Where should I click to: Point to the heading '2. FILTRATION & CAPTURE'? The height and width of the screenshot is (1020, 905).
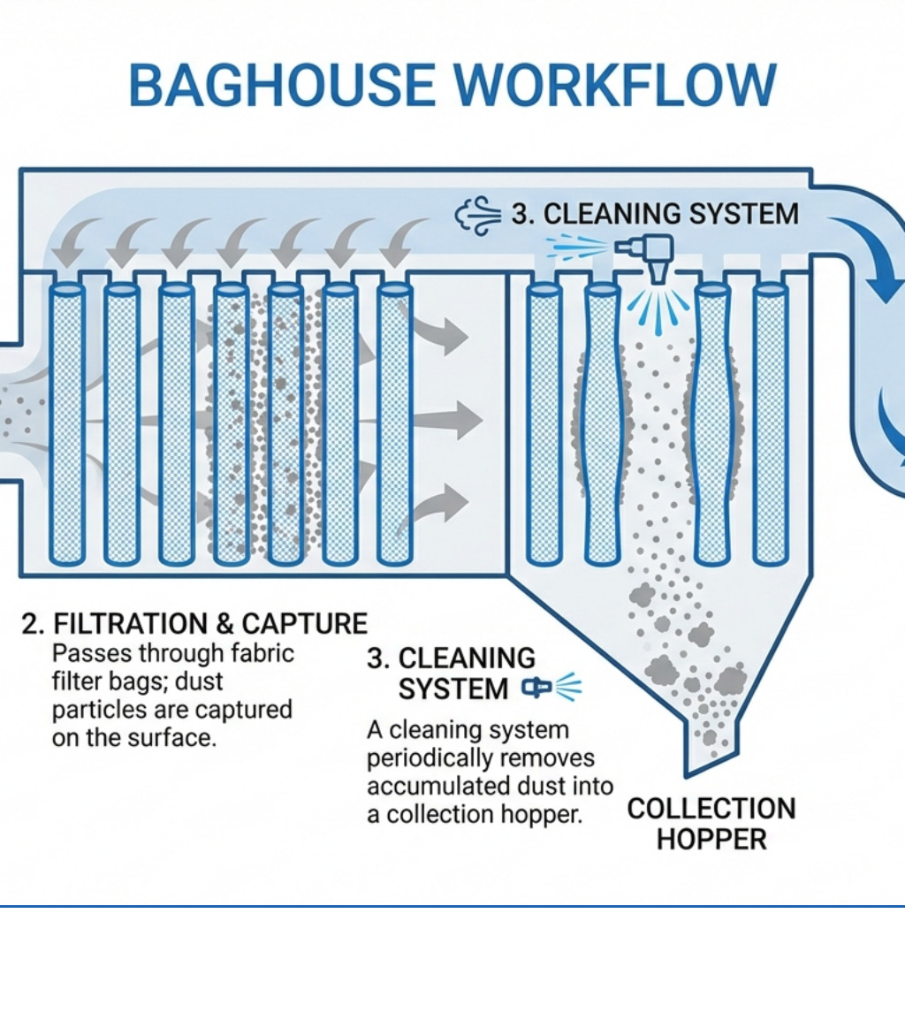click(194, 624)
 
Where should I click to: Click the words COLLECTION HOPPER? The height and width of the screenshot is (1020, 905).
click(711, 823)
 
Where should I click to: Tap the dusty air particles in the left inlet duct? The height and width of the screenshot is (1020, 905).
click(18, 415)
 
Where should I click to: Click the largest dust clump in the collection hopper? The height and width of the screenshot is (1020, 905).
click(728, 679)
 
